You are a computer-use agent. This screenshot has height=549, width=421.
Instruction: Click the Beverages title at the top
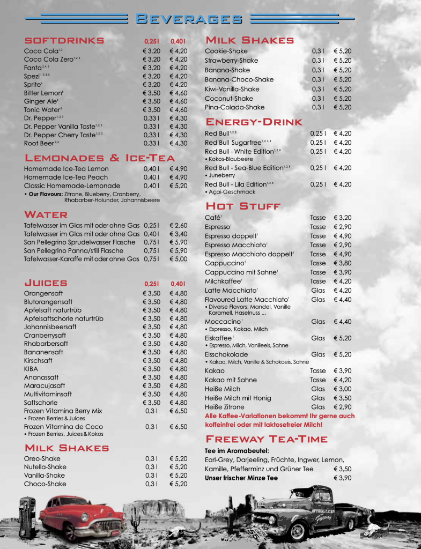click(189, 19)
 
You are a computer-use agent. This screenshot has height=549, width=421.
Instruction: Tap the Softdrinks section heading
click(64, 41)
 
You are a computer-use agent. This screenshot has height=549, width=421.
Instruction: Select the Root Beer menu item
click(39, 143)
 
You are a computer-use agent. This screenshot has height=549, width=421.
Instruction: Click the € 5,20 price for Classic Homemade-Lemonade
click(179, 186)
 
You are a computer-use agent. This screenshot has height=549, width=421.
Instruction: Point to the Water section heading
click(46, 214)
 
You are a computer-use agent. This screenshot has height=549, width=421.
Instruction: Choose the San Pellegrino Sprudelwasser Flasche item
click(79, 242)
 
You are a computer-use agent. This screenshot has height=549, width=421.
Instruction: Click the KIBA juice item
click(31, 369)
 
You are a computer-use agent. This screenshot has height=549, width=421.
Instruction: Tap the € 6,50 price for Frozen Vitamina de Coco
click(179, 427)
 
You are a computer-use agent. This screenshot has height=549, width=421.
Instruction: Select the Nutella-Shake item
click(45, 467)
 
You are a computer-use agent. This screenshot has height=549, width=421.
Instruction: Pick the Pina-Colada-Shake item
click(234, 108)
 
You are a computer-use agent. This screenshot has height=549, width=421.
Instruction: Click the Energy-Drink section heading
click(254, 122)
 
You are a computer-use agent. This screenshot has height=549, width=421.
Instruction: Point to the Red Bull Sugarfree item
click(233, 143)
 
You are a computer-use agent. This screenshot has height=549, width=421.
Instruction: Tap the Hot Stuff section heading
click(243, 206)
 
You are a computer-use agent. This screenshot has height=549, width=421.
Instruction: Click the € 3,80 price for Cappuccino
click(342, 263)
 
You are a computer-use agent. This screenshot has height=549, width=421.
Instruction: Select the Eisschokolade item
click(226, 354)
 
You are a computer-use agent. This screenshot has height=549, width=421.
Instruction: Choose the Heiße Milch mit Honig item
click(238, 398)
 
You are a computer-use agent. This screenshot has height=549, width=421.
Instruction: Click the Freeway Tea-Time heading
click(266, 439)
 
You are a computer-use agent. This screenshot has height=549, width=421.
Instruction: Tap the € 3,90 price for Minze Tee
click(342, 478)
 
